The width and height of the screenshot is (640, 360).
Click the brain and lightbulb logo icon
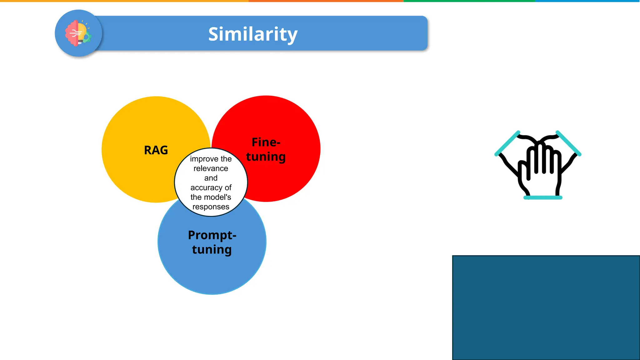(78, 33)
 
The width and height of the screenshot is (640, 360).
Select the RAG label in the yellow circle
(156, 150)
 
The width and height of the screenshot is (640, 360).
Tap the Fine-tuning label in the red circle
(266, 149)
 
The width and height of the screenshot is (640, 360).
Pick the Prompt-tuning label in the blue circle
(212, 242)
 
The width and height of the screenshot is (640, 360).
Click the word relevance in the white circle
(211, 168)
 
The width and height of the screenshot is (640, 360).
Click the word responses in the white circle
(211, 207)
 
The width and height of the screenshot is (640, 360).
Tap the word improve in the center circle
(200, 159)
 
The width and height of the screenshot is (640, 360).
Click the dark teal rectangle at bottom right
(546, 307)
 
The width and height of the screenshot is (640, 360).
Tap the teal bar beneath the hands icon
(543, 197)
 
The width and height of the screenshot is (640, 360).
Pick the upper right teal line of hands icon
(569, 143)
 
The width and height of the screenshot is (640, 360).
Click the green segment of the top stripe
(469, 1)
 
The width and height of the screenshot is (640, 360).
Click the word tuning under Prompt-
(212, 250)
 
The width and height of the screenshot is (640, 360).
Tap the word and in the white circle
(211, 178)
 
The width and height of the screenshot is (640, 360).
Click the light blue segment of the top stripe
(587, 1)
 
